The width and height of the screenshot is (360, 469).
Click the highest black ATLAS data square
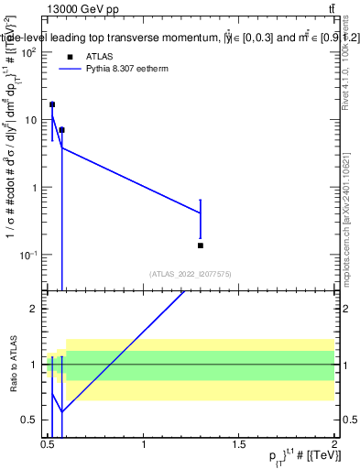(52, 104)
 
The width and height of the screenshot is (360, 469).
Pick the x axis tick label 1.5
(239, 443)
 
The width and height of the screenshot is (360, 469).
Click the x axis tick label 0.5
(49, 443)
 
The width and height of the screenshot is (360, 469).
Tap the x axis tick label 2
(333, 443)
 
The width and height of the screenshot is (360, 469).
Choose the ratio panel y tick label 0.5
(29, 420)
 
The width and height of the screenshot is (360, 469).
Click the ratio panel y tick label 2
(33, 309)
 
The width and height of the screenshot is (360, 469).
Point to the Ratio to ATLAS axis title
(11, 365)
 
